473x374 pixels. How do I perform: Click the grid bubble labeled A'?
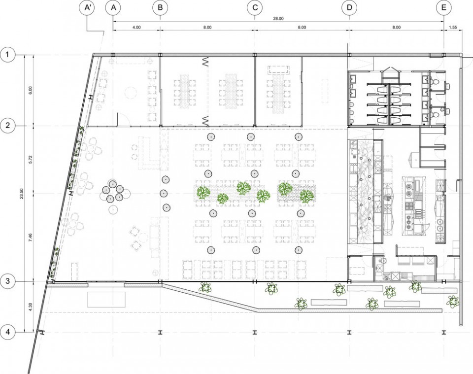[88, 7]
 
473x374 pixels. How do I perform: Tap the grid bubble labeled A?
[113, 7]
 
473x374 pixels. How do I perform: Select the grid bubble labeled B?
[160, 7]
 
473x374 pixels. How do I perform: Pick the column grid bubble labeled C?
[255, 7]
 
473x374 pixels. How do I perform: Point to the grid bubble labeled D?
[349, 7]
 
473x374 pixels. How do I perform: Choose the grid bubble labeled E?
[444, 7]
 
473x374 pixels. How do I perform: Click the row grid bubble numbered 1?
[8, 55]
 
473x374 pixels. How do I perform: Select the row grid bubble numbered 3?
[8, 281]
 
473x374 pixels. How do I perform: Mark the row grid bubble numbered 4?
[8, 333]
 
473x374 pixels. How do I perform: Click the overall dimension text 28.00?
[278, 19]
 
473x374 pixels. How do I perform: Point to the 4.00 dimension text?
[136, 28]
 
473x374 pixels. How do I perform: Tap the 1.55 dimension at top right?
[453, 28]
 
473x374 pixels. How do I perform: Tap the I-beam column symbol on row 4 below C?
[255, 332]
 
